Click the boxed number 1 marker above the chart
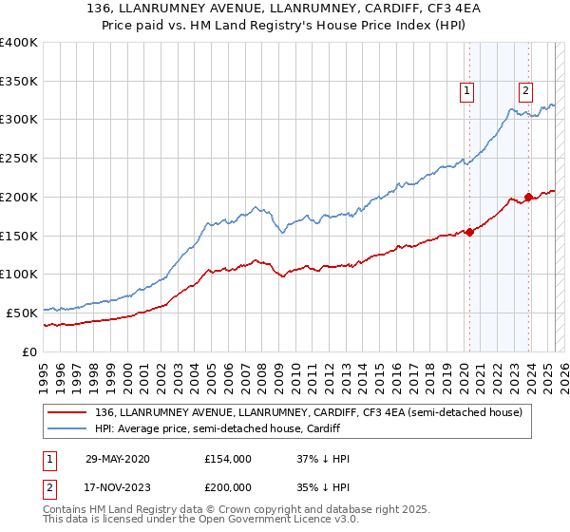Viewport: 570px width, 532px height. point(468,91)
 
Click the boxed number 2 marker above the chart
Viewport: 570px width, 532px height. point(525,91)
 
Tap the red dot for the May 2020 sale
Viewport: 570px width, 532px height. point(469,232)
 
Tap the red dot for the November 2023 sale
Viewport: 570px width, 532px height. point(528,196)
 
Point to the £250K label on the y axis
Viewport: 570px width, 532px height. point(20,158)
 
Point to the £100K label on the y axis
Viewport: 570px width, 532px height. point(20,274)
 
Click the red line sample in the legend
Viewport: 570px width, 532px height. point(68,413)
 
